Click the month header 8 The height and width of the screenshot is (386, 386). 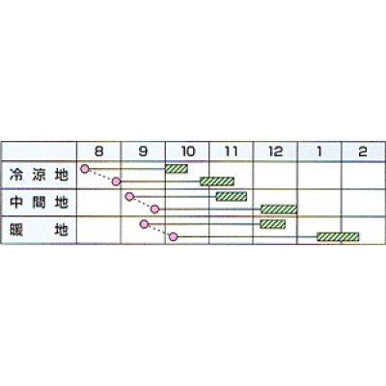pos(99,152)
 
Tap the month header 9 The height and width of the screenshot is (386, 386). pos(143,152)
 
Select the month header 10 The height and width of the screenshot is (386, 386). pos(188,152)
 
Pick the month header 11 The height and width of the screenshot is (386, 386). pos(232,152)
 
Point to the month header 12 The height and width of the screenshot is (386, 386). pos(276,152)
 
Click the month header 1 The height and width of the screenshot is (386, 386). pos(319,152)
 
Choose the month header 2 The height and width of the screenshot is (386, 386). pos(363,152)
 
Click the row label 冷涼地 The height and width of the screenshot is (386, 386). pos(39,175)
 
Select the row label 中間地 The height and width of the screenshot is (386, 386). pos(39,203)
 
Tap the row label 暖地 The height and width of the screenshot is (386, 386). pos(39,231)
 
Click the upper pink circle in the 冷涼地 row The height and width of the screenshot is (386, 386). pos(85,168)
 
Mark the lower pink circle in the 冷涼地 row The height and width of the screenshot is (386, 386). pos(116,181)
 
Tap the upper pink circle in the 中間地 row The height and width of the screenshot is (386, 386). pos(129,196)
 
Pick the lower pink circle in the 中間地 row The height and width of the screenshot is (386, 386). pos(155,209)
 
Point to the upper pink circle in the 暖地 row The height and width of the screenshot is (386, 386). pos(145,224)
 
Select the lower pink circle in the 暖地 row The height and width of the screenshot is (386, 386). pos(174,237)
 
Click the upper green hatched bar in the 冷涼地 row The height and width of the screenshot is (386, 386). pos(177,169)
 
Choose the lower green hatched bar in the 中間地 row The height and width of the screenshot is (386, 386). pos(279,209)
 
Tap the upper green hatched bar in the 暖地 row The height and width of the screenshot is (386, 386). pos(272,224)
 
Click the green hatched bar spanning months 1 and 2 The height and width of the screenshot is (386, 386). pos(338,237)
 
